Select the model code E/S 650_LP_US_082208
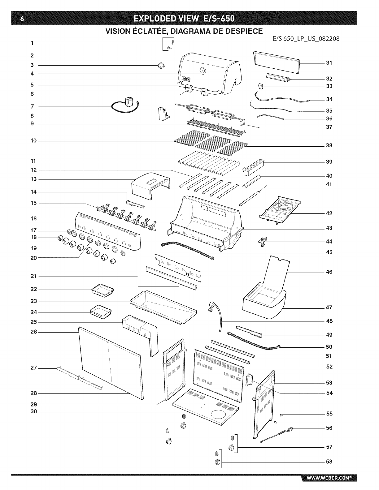(307, 39)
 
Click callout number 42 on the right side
(329, 213)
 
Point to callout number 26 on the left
(33, 332)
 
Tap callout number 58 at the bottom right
(329, 462)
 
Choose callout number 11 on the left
(33, 161)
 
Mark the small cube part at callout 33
(261, 86)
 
